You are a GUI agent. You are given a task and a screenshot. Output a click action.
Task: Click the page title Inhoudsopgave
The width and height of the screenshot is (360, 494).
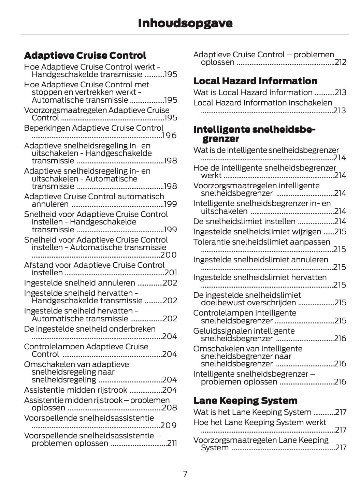[x=185, y=23]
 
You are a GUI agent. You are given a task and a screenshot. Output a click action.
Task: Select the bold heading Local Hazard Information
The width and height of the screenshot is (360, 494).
[x=255, y=81]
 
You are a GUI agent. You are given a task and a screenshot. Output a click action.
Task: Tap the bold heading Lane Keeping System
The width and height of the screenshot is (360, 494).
[x=245, y=401]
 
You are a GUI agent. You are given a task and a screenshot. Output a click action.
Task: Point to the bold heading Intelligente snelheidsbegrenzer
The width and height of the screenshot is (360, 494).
[x=254, y=134]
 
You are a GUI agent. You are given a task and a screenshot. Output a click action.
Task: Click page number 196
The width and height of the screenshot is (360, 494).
[x=170, y=136]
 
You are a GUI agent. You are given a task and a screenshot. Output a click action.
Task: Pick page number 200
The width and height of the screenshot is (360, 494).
[x=169, y=255]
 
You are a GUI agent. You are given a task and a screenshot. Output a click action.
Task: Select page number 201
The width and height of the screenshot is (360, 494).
[x=171, y=273]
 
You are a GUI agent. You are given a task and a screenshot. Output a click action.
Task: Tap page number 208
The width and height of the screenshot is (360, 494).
[x=170, y=408]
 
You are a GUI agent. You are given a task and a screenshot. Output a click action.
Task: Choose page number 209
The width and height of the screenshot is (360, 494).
[x=169, y=425]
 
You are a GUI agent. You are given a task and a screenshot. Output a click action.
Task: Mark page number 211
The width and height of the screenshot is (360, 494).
[x=172, y=444]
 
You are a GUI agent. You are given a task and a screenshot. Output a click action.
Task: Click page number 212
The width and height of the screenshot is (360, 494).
[x=341, y=62]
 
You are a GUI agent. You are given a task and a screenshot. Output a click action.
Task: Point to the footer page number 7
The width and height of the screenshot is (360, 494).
[x=185, y=474]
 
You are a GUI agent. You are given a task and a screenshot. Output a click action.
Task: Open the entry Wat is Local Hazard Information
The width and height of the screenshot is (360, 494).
[x=253, y=92]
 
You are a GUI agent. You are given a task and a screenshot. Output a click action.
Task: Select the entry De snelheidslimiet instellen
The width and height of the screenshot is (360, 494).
[x=244, y=221]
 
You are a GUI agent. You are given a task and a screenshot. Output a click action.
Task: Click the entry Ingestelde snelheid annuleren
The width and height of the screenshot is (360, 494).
[x=80, y=283]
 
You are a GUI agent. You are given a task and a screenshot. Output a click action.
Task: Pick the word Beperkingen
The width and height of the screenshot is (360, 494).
[x=47, y=128]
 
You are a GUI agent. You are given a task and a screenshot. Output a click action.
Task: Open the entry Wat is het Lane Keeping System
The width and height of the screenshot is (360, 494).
[x=252, y=412]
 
